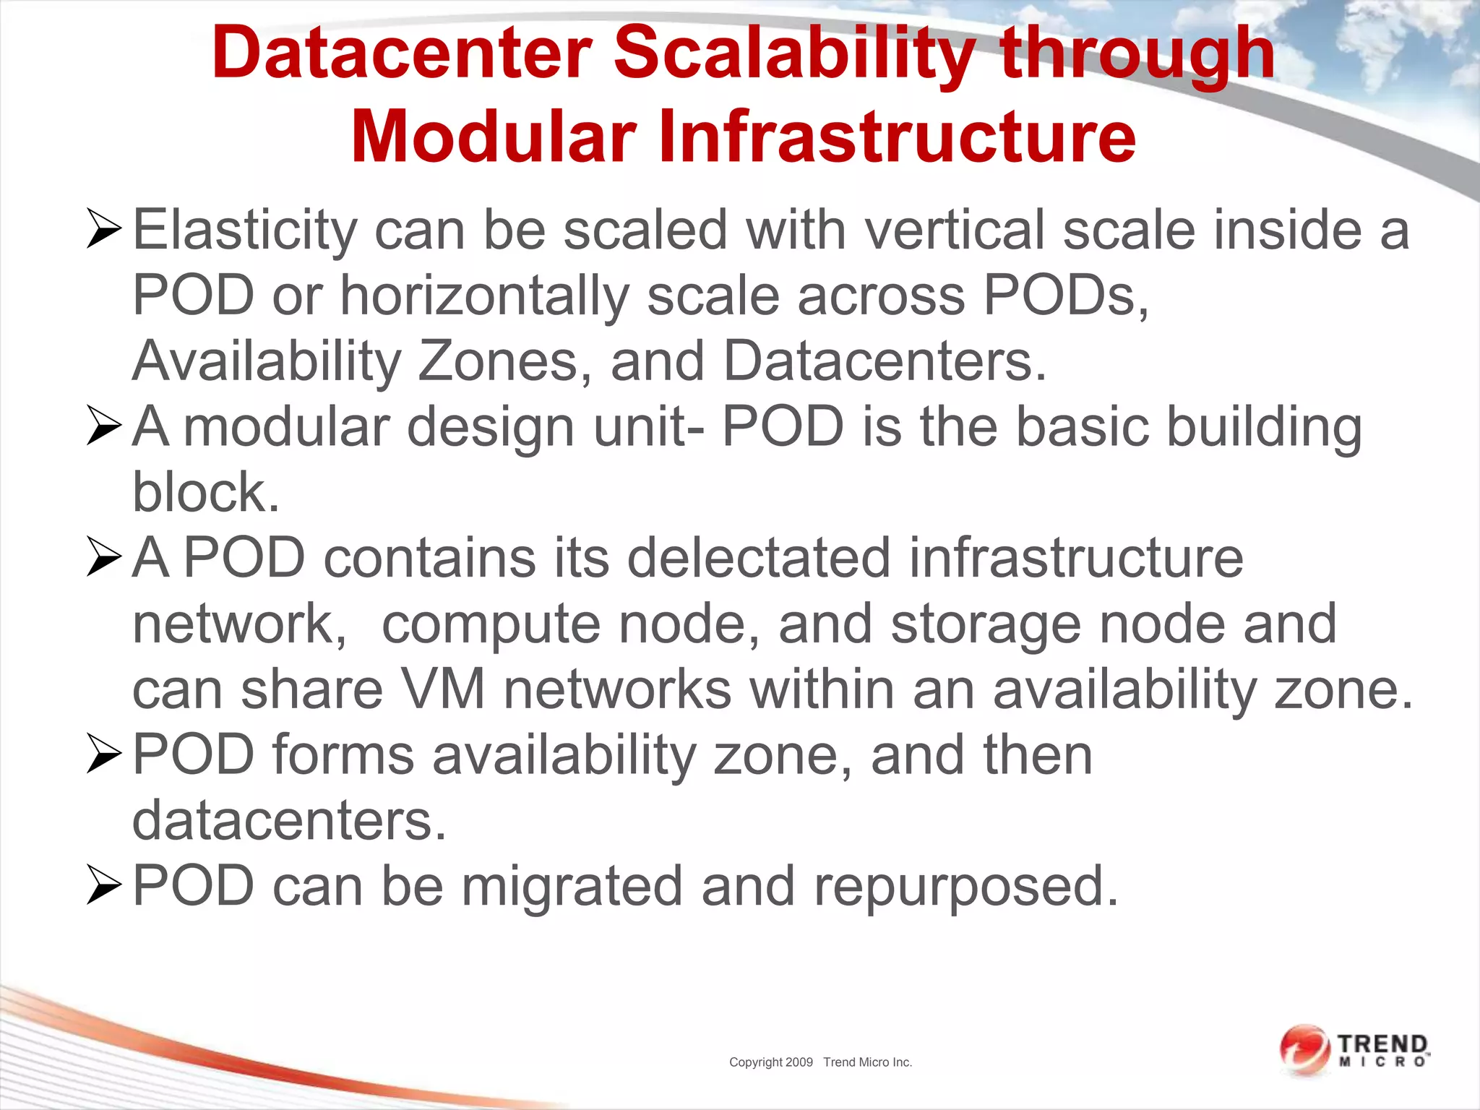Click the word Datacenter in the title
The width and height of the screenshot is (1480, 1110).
click(402, 53)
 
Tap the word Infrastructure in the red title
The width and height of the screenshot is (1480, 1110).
click(897, 136)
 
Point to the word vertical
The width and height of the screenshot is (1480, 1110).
click(955, 230)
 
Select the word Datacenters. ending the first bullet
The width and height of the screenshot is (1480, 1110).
click(885, 361)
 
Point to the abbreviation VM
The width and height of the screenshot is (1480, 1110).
click(442, 689)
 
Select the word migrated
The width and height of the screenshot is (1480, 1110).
click(572, 886)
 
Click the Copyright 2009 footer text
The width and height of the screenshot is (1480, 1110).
click(770, 1062)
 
